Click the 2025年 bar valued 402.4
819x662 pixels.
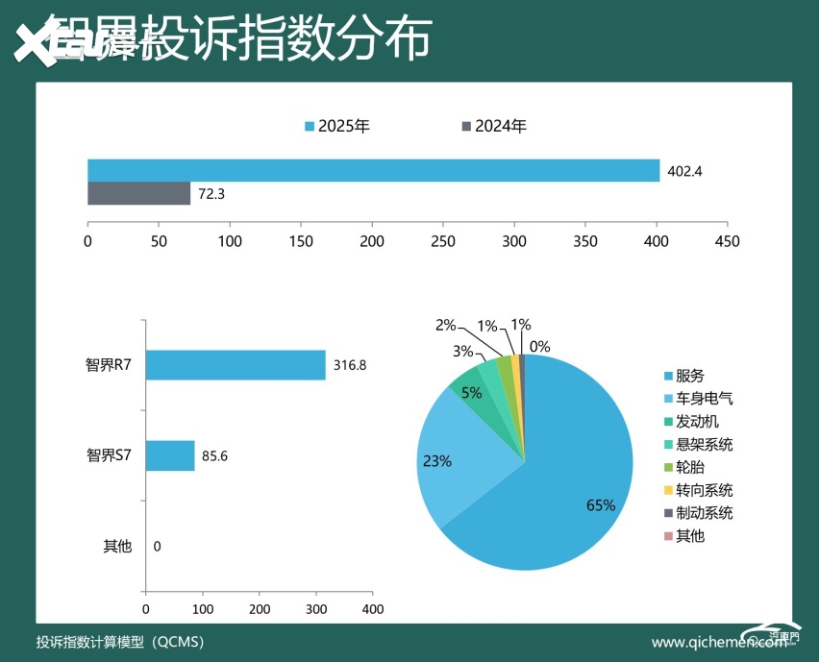(373, 170)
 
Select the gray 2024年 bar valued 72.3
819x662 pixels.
(138, 193)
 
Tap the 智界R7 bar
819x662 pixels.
(235, 365)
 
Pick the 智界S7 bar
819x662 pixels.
(169, 455)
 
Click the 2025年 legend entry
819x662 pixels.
(337, 126)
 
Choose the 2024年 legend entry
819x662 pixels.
(494, 126)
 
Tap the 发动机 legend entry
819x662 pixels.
(690, 421)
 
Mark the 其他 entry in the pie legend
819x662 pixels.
(683, 536)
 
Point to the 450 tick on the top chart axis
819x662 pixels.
(728, 241)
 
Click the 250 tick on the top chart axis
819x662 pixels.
(443, 241)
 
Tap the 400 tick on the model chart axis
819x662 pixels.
(372, 609)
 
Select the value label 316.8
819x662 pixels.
(351, 365)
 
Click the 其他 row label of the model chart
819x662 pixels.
(117, 547)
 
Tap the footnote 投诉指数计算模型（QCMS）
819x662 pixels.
(119, 642)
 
